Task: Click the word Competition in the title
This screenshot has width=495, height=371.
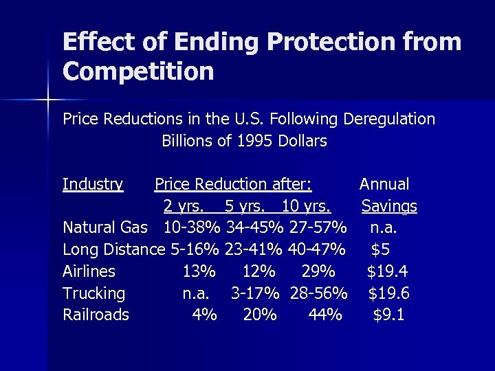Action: click(138, 71)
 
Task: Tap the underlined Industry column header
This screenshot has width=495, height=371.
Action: click(93, 184)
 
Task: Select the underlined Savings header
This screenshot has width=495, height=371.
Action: click(389, 206)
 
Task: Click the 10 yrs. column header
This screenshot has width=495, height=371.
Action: click(307, 206)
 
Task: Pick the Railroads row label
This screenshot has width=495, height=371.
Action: click(96, 315)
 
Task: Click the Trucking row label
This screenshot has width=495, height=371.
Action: click(94, 293)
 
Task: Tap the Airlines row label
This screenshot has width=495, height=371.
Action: click(89, 271)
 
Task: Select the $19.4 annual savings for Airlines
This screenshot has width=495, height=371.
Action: click(388, 271)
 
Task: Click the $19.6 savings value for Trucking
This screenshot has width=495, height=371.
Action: click(388, 293)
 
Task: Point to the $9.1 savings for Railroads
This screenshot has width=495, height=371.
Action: click(388, 315)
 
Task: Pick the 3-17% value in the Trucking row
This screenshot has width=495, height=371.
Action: click(254, 293)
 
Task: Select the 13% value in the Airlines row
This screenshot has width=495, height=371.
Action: click(199, 271)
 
